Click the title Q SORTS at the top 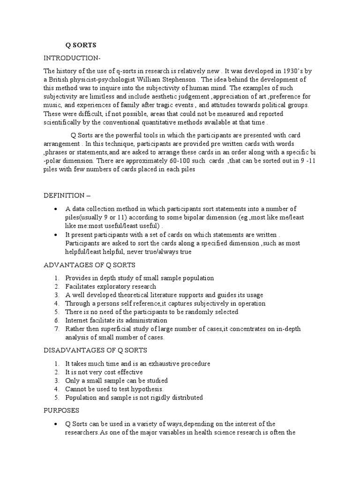tap(80, 45)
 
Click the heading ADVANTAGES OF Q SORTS tap(83, 265)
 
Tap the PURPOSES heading tap(61, 410)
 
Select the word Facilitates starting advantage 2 tap(82, 286)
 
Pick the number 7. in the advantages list tap(56, 329)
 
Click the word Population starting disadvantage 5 tap(82, 397)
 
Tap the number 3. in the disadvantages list tap(56, 381)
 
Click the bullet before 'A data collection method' tap(56, 209)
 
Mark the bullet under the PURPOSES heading tap(56, 424)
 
